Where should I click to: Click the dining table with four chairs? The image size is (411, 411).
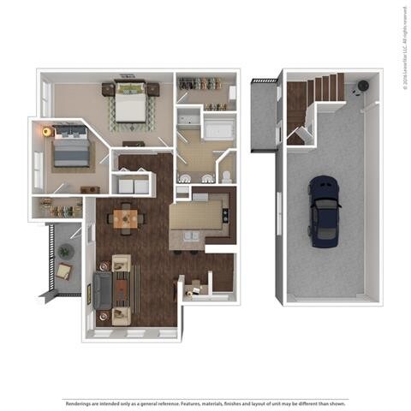coord(127,217)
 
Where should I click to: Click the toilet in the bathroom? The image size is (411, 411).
coord(225,176)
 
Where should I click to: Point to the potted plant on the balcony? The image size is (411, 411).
coord(64,251)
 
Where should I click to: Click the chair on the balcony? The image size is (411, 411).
coord(63,272)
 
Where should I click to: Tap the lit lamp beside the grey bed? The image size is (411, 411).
coord(45,132)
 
